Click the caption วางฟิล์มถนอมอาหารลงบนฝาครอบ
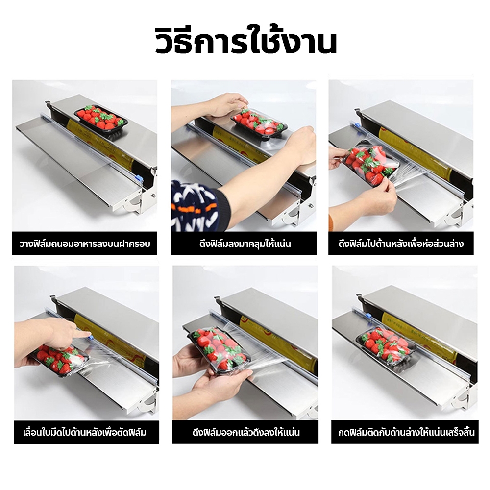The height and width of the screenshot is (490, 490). pyautogui.click(x=85, y=244)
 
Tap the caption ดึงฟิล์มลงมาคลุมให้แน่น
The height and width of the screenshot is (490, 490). pyautogui.click(x=245, y=244)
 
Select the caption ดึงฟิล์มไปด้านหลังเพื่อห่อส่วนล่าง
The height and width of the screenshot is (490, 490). pyautogui.click(x=401, y=244)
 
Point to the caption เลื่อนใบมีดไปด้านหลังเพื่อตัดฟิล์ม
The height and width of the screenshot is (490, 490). pyautogui.click(x=85, y=433)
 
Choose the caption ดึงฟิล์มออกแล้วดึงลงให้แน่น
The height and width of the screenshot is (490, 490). pyautogui.click(x=246, y=433)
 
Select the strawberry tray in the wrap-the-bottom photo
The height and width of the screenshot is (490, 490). pyautogui.click(x=370, y=164)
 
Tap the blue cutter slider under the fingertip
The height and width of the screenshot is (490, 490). pyautogui.click(x=90, y=337)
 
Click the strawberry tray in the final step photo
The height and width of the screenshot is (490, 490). pyautogui.click(x=386, y=345)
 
